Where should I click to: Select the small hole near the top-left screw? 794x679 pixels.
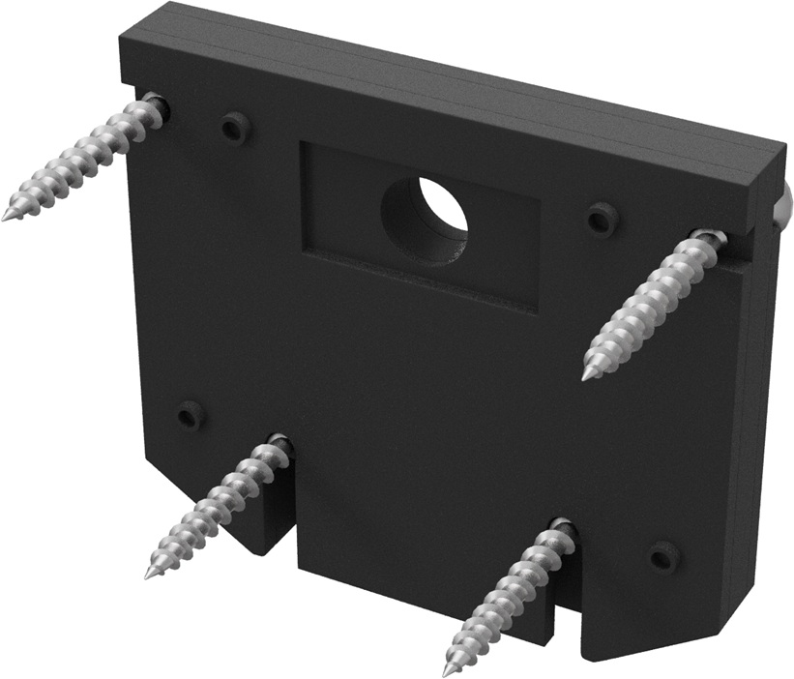tap(233, 127)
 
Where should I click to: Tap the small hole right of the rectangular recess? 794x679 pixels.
tap(603, 219)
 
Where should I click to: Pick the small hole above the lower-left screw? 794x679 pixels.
tap(190, 416)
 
